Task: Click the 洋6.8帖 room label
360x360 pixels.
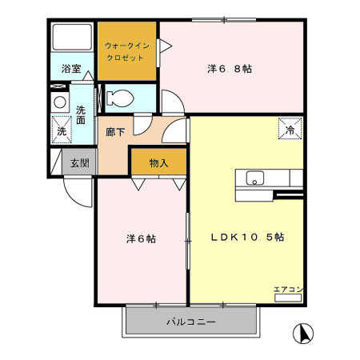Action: click(x=230, y=70)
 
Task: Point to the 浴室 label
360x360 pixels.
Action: click(x=71, y=70)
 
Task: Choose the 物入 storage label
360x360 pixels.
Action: click(x=158, y=163)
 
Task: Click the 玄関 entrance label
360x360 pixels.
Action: click(x=78, y=163)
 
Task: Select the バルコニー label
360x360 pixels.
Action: click(x=191, y=322)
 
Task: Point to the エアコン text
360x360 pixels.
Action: click(x=287, y=289)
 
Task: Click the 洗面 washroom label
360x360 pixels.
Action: click(x=81, y=115)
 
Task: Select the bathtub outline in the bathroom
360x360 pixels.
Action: click(x=71, y=42)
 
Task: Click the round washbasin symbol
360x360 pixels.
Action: click(x=59, y=103)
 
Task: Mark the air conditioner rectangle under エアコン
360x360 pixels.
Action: click(x=287, y=298)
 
